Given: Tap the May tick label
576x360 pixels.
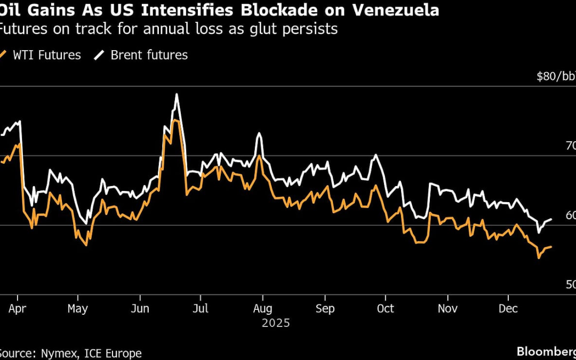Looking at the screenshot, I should coord(78,309).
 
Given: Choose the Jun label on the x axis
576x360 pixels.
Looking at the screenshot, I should coord(140,309).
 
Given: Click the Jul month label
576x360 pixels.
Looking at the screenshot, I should coord(201,309).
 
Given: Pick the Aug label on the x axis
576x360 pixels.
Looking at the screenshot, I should coord(262,309).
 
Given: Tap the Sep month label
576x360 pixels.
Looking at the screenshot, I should coord(325,309).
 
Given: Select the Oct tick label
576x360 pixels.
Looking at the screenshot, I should coord(385,309).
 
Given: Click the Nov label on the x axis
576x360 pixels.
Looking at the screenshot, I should coord(448,309).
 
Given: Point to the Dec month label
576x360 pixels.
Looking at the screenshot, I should coord(508,309).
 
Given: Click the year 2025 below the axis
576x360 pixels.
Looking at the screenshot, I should coord(276,323).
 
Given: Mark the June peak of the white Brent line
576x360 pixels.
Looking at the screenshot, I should coord(176,94).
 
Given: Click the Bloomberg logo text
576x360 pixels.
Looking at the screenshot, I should coord(546,351).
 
